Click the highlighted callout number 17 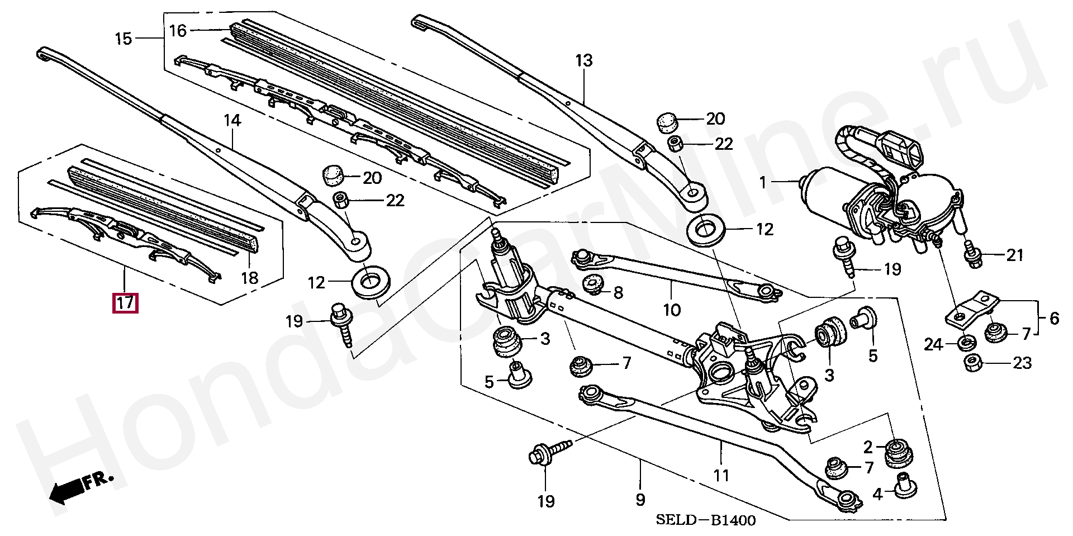coord(125,303)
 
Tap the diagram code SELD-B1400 coord(705,520)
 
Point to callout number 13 coord(583,60)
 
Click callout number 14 coord(232,120)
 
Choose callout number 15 coord(124,39)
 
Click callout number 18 coord(250,277)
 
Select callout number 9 coord(640,499)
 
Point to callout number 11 coord(721,475)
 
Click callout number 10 coord(672,309)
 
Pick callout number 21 coord(1014,255)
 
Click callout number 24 coord(933,345)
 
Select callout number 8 coord(618,292)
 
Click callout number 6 coord(1054,319)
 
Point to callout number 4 coord(877,494)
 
